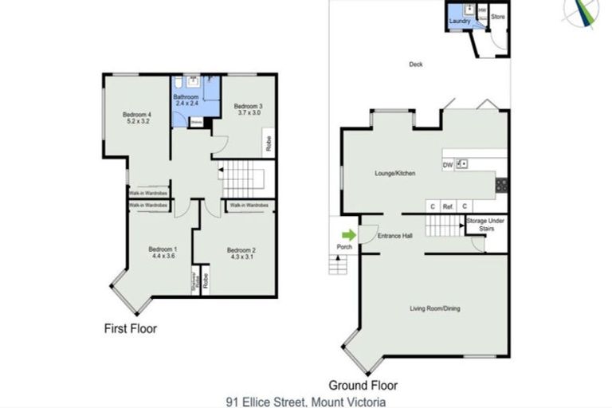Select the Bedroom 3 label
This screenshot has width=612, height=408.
click(248, 110)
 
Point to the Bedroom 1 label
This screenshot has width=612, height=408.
click(163, 253)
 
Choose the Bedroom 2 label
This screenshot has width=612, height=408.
click(241, 253)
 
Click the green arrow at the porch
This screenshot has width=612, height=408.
click(348, 234)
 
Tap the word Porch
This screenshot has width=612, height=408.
click(344, 246)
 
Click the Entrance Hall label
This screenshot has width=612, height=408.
click(394, 236)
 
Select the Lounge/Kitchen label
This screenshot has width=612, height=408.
click(396, 172)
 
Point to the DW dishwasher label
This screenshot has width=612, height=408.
click(447, 166)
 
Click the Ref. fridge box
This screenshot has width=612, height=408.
click(448, 206)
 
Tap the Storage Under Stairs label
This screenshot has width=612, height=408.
click(487, 224)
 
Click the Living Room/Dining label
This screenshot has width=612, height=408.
click(434, 309)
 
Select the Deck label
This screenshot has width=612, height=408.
click(415, 65)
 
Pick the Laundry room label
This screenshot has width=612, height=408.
click(460, 22)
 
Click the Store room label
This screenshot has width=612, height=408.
click(497, 17)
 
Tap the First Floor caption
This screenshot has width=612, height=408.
click(131, 328)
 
